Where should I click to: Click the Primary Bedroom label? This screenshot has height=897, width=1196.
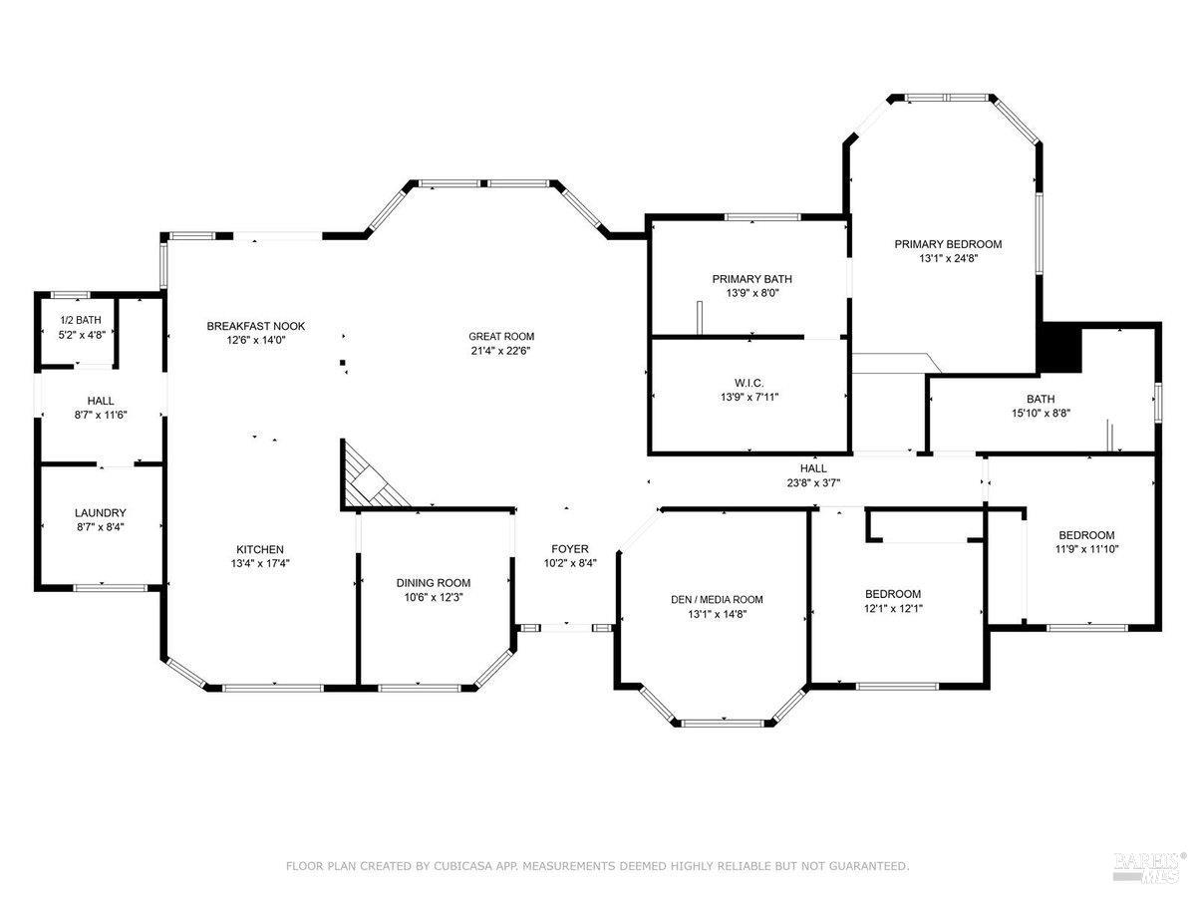tap(948, 244)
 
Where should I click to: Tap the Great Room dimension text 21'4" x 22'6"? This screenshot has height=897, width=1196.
tap(500, 351)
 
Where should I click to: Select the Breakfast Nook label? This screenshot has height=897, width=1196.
tap(255, 326)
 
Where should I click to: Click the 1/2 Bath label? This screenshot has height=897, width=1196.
tap(81, 320)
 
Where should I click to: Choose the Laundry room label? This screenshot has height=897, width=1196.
tap(101, 513)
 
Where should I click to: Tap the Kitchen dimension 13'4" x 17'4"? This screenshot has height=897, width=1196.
tap(260, 564)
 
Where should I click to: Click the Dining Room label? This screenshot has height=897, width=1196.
tap(434, 583)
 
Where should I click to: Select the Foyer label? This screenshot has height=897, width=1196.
tap(570, 549)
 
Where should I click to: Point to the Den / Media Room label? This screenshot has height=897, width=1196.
tap(717, 600)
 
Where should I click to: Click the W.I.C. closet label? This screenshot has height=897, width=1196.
tap(749, 383)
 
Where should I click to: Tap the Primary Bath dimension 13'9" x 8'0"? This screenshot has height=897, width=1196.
tap(752, 293)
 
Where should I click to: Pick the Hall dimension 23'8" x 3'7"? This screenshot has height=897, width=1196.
tap(813, 482)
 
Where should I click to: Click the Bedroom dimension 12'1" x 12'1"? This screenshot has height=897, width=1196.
tap(893, 608)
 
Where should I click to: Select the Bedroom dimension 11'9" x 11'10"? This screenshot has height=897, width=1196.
tap(1086, 549)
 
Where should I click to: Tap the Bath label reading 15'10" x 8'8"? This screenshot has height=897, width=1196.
tap(1041, 414)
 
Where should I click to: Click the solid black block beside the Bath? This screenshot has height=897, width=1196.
tap(1060, 348)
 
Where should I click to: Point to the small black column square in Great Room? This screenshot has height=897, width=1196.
tap(343, 362)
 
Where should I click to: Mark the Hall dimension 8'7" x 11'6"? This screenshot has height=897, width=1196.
tap(101, 415)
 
